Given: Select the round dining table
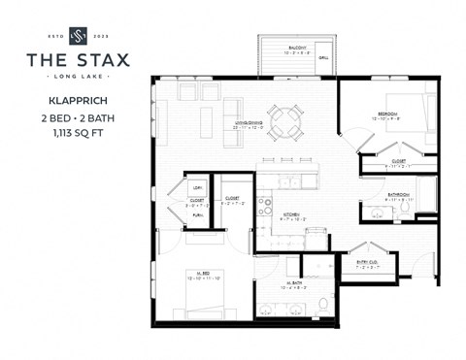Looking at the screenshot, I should (284, 121).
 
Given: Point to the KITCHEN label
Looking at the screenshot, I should (291, 214).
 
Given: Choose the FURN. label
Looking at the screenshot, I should (197, 216).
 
